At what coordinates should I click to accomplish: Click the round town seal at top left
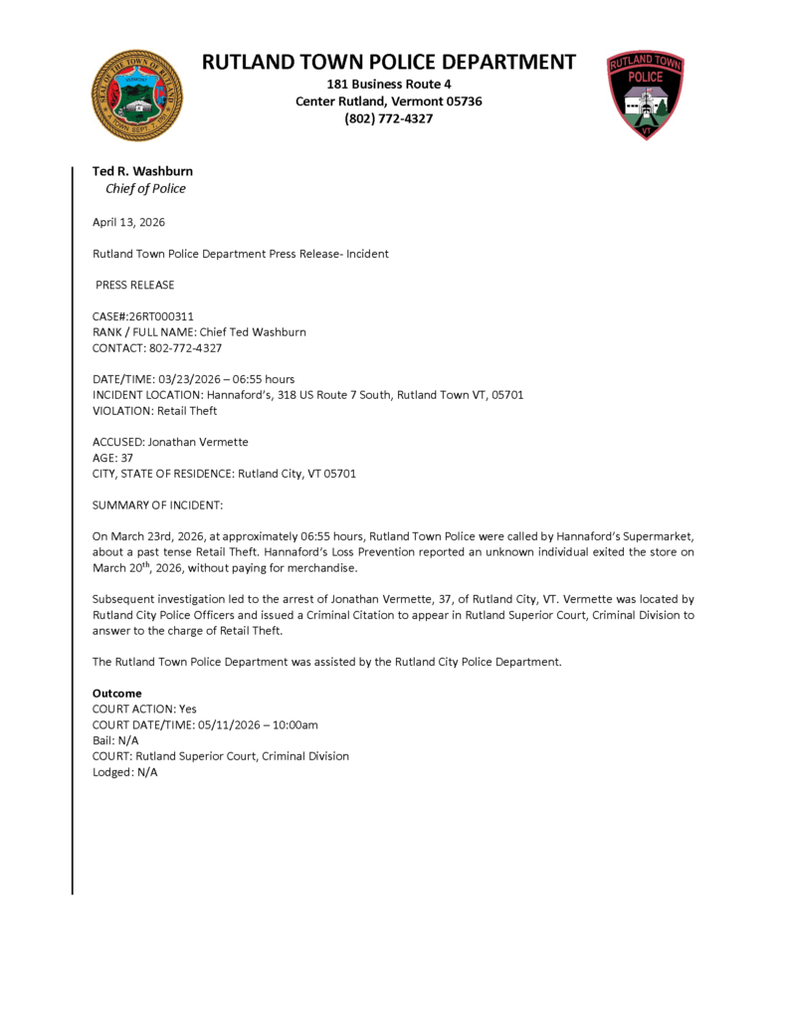137,96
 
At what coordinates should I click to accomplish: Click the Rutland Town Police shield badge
645,96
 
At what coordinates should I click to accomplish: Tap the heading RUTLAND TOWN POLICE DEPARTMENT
389,62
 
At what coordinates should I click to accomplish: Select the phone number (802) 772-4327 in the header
389,118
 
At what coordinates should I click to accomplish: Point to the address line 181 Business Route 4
389,84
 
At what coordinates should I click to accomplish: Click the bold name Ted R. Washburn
142,171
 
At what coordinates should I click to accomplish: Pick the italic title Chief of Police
145,189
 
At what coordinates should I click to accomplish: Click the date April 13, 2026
128,222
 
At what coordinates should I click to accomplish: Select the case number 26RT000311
159,315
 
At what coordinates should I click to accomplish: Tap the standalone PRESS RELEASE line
135,285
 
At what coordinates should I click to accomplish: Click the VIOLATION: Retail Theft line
154,410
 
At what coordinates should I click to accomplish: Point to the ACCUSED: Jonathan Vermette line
170,442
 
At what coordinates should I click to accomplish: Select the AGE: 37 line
112,458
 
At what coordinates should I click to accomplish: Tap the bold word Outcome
116,693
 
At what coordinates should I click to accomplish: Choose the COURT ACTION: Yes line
144,709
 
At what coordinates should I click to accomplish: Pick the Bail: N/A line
115,740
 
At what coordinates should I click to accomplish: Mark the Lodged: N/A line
124,772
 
